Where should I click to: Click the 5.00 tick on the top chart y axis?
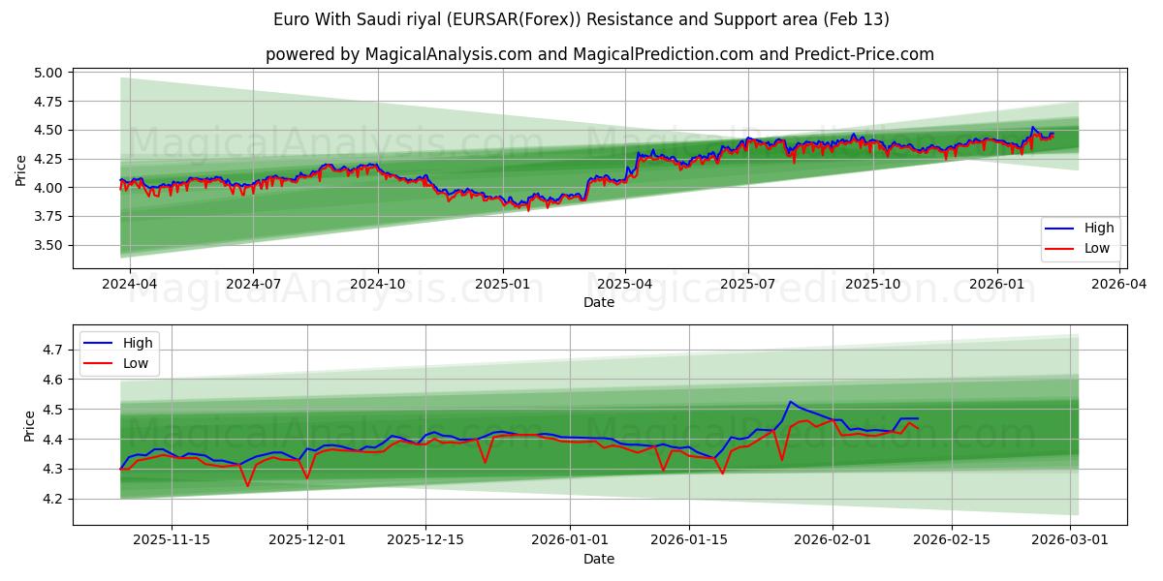coord(47,73)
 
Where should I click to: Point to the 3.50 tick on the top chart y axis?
coord(47,245)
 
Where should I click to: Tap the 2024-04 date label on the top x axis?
coord(128,285)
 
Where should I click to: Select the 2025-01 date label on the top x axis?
coord(502,285)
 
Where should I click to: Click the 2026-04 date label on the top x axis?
coord(1120,285)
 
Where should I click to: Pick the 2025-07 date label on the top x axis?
coord(747,285)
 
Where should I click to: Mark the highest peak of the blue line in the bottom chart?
coord(790,402)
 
